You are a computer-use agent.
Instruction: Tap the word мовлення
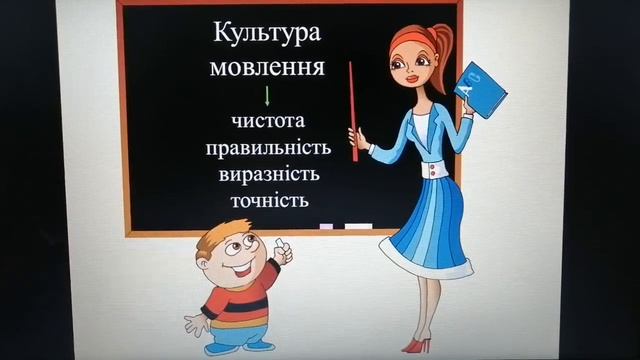point(267,68)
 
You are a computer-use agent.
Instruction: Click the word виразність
point(267,175)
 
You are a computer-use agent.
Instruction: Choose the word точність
point(267,201)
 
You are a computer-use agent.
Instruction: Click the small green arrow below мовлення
point(267,96)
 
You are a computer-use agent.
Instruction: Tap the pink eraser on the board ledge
point(325,227)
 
